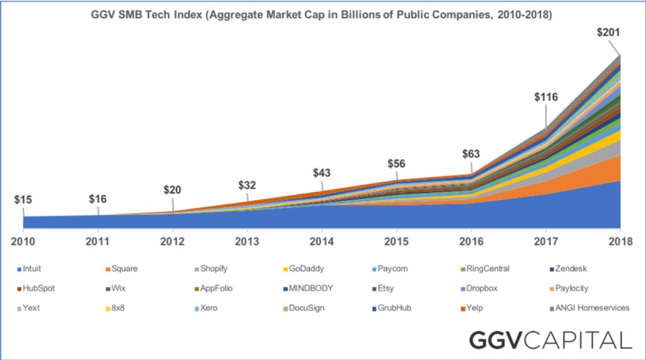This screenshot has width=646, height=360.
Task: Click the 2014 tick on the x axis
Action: tap(322, 241)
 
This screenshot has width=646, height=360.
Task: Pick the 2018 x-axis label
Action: tap(620, 241)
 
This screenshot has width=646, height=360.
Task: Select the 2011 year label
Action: tap(98, 241)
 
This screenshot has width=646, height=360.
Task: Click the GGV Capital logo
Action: tap(549, 340)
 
